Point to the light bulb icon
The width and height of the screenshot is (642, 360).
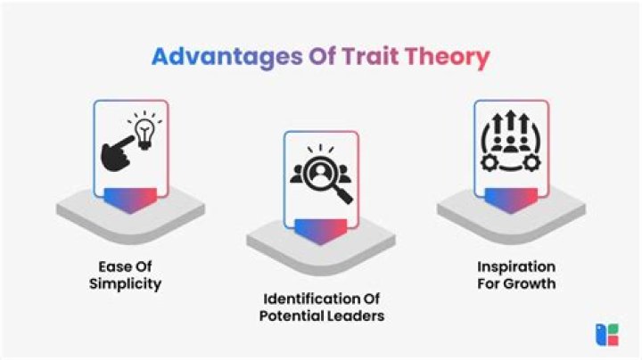(x=143, y=131)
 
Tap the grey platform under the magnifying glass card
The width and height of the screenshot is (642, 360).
(x=320, y=239)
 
